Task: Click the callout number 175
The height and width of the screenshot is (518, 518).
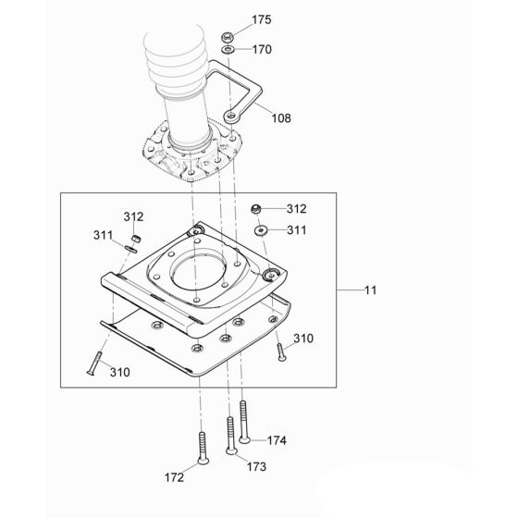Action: (x=262, y=19)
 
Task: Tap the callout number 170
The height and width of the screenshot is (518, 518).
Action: (x=262, y=50)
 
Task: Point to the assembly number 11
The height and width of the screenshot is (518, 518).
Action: (x=369, y=290)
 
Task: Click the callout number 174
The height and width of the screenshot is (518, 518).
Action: (x=278, y=440)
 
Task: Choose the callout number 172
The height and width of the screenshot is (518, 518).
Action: (x=174, y=477)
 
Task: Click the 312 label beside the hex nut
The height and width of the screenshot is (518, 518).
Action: (x=295, y=209)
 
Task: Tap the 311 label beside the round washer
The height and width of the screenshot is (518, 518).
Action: (x=295, y=228)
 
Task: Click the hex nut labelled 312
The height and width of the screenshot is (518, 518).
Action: (x=261, y=210)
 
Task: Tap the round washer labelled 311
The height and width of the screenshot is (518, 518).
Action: (x=262, y=228)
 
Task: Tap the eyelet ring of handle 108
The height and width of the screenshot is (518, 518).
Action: (x=230, y=117)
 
